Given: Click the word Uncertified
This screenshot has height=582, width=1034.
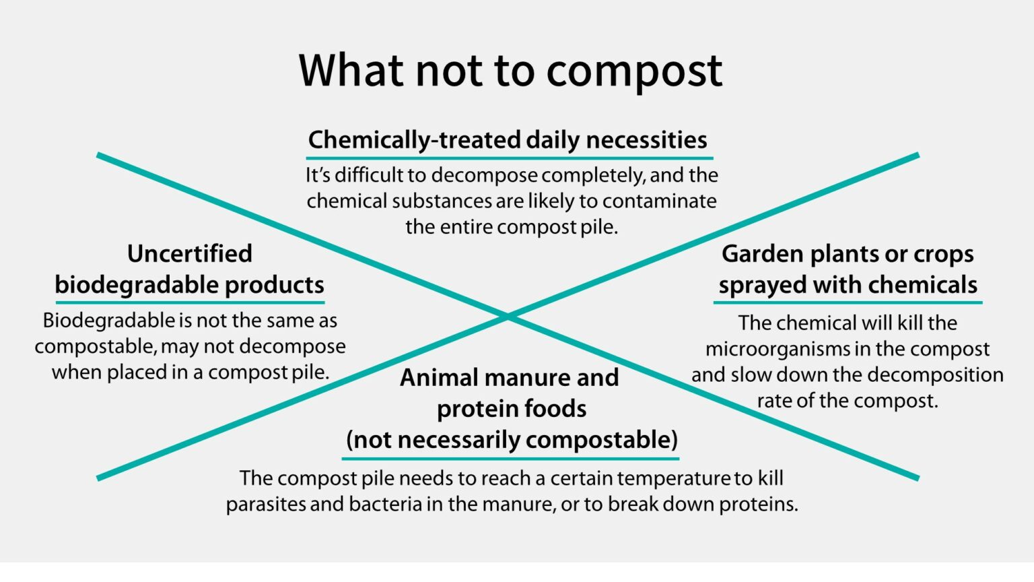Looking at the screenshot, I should coord(190,254).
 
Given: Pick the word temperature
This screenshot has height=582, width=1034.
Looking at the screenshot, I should coord(674,478).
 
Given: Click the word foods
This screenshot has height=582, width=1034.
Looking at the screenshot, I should coord(557,409).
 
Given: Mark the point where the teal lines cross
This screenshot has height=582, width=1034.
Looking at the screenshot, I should coord(508,316).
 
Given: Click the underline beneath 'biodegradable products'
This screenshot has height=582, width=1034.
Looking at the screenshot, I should coord(190,302).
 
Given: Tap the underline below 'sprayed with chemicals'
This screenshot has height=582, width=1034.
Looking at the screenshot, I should coord(848,302).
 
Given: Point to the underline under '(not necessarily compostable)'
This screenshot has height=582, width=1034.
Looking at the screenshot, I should coord(510,458).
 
